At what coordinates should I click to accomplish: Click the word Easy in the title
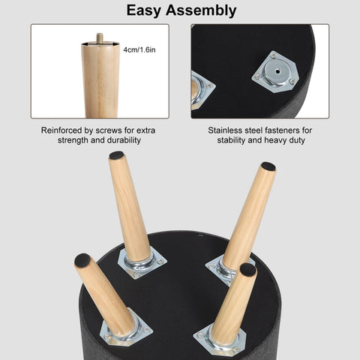coord(144,10)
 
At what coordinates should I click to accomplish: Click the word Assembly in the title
coord(201,10)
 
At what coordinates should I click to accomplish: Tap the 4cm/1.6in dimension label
coord(139,49)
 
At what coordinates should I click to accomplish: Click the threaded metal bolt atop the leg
coord(100,37)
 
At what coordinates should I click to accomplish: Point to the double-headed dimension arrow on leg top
coord(100,44)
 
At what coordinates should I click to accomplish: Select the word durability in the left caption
coord(124,140)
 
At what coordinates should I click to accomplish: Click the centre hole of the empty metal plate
coord(277,71)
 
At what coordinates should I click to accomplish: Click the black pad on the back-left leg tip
coord(116,155)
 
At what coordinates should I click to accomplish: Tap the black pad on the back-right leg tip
coord(268,166)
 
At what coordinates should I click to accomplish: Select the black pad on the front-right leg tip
coord(248,269)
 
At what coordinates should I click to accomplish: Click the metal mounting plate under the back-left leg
coord(142,265)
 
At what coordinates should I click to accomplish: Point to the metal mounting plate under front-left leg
coord(126,330)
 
